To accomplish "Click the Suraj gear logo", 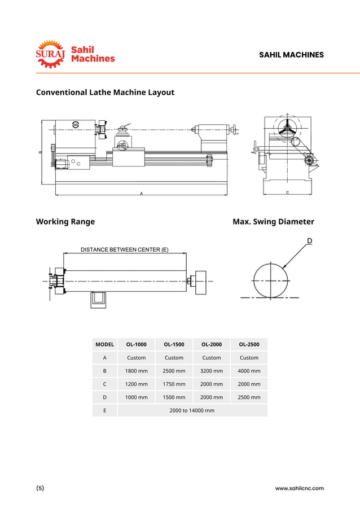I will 51,54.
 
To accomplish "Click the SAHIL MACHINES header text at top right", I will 291,55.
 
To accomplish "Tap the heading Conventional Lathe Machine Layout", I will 105,92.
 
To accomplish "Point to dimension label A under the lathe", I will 141,193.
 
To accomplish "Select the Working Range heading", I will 65,221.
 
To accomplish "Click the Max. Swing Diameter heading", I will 273,221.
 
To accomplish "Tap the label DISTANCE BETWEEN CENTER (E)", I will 124,249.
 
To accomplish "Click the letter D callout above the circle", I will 309,242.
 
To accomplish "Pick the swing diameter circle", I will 271,280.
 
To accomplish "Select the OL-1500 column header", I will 174,344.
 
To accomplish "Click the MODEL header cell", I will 105,344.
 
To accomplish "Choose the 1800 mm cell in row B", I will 136,371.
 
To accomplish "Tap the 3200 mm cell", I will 212,371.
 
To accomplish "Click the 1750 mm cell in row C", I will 174,384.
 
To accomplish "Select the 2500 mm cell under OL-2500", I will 249,397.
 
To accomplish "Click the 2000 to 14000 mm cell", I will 192,410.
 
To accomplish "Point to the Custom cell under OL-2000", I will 212,357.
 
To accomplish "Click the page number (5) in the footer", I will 40,488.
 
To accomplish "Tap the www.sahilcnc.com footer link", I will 299,488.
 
